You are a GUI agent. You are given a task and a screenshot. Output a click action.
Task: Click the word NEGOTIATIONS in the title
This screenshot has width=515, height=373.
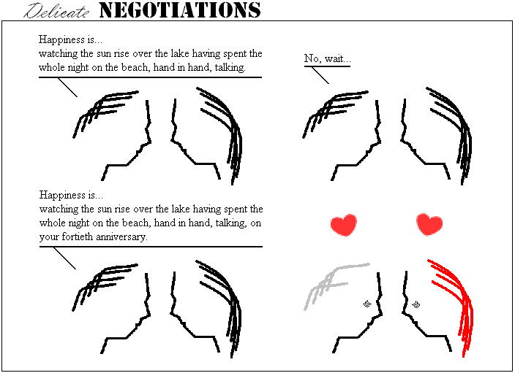(180, 10)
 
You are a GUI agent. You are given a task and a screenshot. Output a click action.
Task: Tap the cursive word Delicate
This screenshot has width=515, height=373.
(56, 11)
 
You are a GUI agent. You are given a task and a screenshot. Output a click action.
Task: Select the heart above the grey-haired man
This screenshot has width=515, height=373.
(344, 225)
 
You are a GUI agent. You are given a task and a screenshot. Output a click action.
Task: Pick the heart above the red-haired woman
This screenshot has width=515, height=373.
(429, 224)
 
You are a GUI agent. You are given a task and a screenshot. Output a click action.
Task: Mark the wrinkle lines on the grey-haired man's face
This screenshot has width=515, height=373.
(367, 304)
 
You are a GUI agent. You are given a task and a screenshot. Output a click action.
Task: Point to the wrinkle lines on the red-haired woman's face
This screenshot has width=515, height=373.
(416, 304)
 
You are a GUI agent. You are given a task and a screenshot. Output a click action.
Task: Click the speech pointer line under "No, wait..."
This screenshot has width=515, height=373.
(320, 75)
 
